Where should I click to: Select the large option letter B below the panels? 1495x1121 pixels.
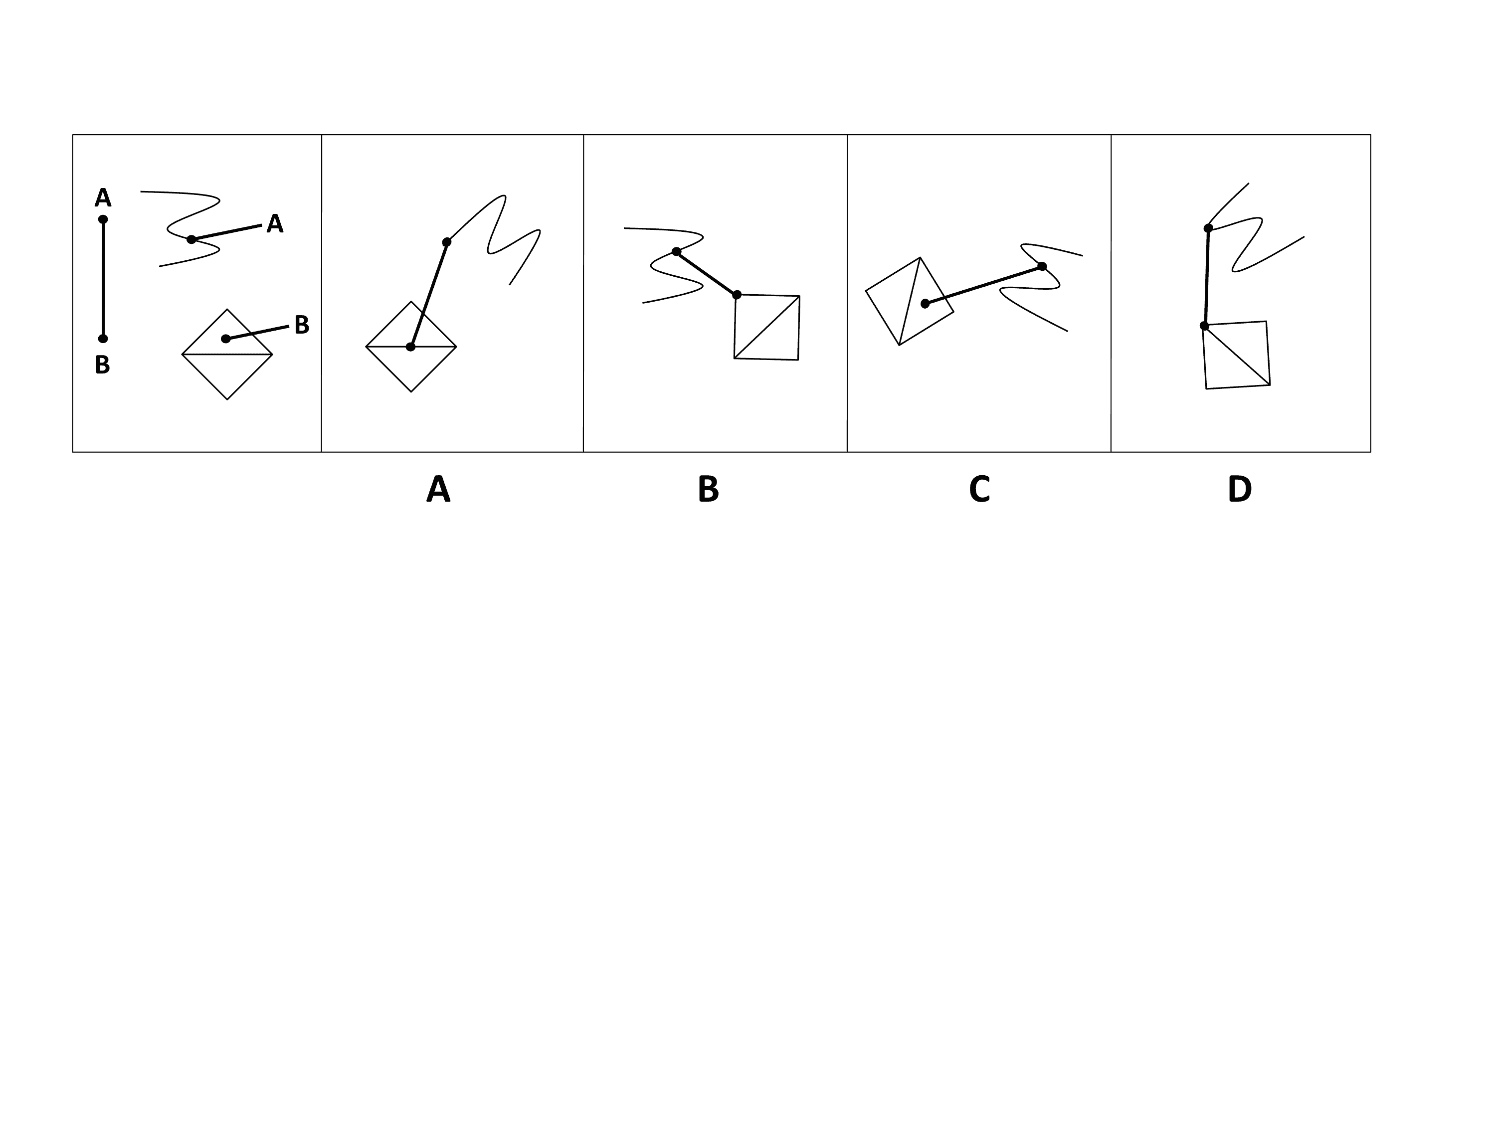[708, 489]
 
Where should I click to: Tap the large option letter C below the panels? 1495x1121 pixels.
[979, 489]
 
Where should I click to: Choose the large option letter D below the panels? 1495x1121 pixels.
[1240, 489]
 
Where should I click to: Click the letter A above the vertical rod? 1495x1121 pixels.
[103, 198]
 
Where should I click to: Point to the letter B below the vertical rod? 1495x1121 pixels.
[102, 365]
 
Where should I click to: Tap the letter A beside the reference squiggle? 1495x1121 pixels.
[274, 224]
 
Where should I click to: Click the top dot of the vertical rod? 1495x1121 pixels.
[103, 219]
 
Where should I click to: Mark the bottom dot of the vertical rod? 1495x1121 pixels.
[103, 339]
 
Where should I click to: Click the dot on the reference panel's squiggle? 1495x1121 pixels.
[191, 239]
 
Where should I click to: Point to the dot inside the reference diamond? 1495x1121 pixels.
[226, 339]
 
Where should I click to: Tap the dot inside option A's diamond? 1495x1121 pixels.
[410, 347]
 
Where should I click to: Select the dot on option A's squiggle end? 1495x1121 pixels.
[447, 242]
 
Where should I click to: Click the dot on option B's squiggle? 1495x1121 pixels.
[676, 251]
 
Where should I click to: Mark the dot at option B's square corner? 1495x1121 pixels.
[737, 295]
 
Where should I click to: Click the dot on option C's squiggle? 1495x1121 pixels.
[1042, 266]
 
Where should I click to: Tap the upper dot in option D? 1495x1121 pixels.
[1208, 228]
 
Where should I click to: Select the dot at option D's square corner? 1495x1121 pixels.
[1204, 326]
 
